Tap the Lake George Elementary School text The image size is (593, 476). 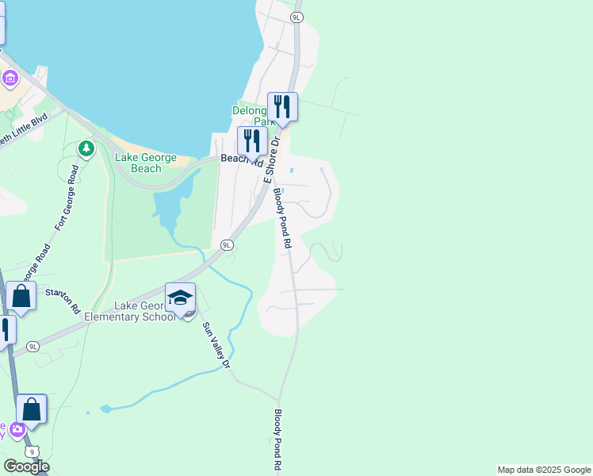pyautogui.click(x=144, y=312)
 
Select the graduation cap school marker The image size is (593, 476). pyautogui.click(x=180, y=297)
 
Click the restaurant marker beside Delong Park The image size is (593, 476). pyautogui.click(x=282, y=106)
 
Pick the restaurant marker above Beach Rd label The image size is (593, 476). pyautogui.click(x=252, y=141)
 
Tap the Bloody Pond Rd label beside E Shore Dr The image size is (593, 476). pyautogui.click(x=282, y=218)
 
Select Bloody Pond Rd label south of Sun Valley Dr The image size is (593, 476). pyautogui.click(x=277, y=440)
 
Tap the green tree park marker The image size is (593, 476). pyautogui.click(x=86, y=148)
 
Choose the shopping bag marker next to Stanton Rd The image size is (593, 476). pyautogui.click(x=21, y=297)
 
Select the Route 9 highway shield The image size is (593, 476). pyautogui.click(x=26, y=450)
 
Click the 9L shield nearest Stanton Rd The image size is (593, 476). pyautogui.click(x=33, y=347)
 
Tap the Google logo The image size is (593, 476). pyautogui.click(x=26, y=466)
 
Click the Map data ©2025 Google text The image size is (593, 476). pyautogui.click(x=544, y=470)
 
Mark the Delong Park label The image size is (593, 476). pyautogui.click(x=252, y=116)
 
